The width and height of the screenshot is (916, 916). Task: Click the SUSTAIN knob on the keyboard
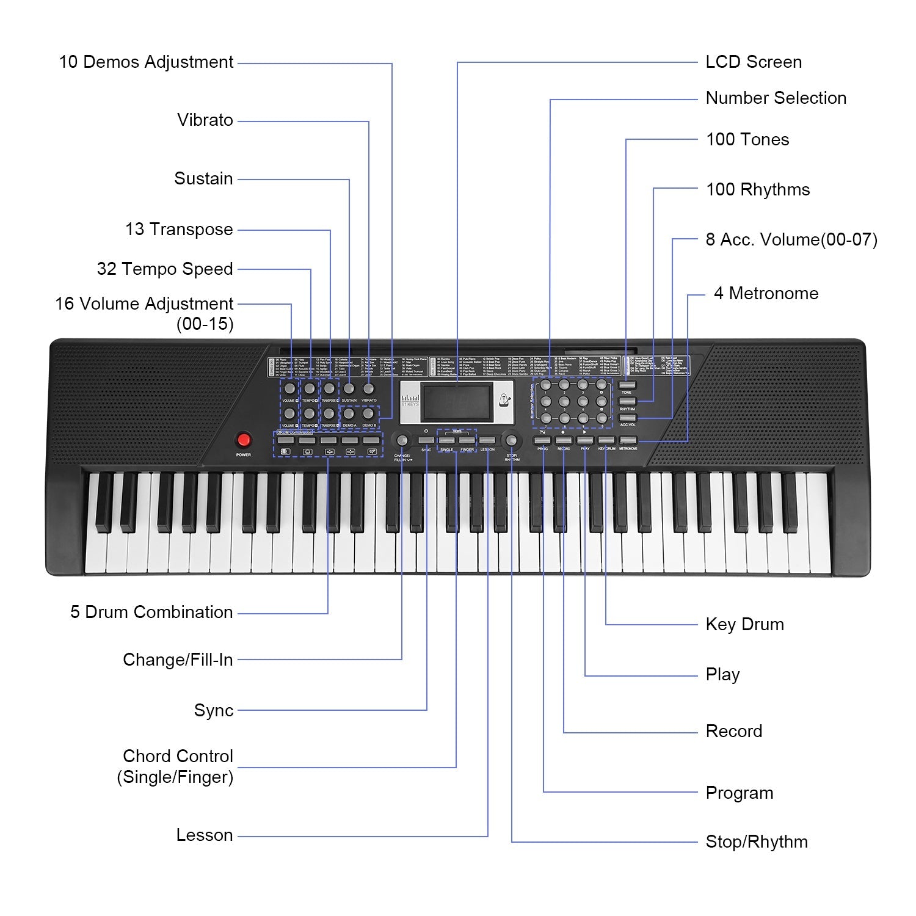(349, 388)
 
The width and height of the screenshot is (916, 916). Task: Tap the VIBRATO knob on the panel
(368, 388)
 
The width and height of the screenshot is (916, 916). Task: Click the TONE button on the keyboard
(627, 385)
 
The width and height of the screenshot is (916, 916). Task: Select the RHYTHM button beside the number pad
(627, 401)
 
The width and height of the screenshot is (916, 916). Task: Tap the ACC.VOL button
(627, 418)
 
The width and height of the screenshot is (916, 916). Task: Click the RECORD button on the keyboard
(564, 440)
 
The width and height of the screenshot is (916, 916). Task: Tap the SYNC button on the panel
(426, 440)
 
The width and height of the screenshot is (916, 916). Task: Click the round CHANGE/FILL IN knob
(402, 440)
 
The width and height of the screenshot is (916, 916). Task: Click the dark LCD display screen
(457, 402)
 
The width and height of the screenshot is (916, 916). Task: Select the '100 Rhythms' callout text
(758, 189)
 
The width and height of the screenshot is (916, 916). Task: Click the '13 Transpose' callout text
(179, 230)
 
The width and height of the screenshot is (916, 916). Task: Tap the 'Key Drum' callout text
(744, 624)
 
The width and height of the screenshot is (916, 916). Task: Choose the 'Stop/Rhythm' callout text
(757, 841)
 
